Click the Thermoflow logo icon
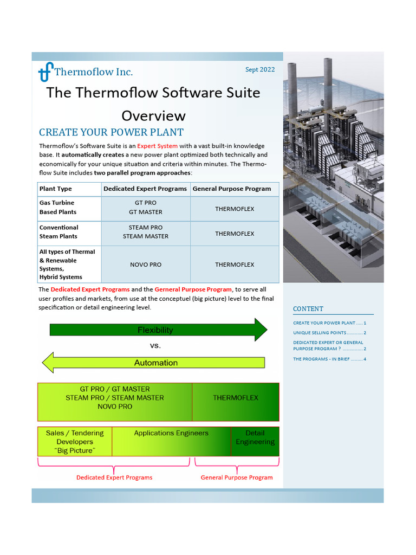click(x=46, y=71)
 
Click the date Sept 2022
click(x=260, y=69)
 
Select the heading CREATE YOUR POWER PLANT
click(x=111, y=132)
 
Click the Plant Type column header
click(x=56, y=189)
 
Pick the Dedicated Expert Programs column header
click(x=145, y=189)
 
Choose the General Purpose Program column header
click(x=232, y=189)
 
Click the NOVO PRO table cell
click(x=146, y=264)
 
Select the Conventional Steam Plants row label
click(x=58, y=232)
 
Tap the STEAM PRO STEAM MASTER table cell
click(x=146, y=232)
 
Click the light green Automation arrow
click(x=156, y=363)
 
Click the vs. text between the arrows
click(x=155, y=346)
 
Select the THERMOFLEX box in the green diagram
click(x=236, y=398)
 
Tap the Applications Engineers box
click(x=171, y=441)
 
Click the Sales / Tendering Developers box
click(x=75, y=441)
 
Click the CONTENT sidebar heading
click(x=308, y=309)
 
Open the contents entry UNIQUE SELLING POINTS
click(x=329, y=333)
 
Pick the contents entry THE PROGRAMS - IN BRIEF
click(x=329, y=359)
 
